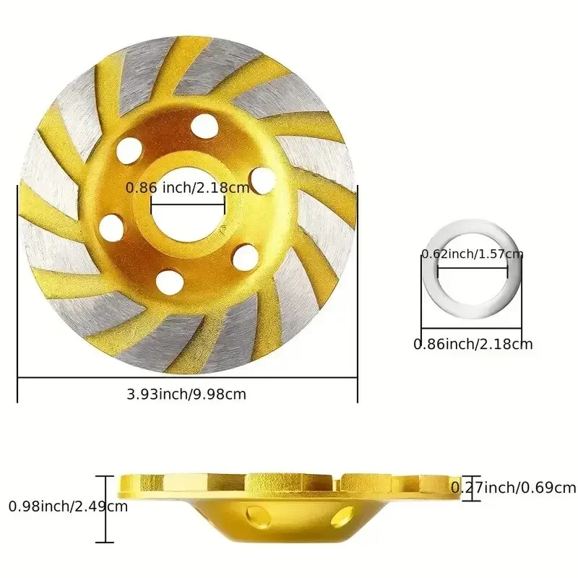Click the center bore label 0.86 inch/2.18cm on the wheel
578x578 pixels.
pyautogui.click(x=188, y=188)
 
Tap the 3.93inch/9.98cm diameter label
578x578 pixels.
pyautogui.click(x=186, y=394)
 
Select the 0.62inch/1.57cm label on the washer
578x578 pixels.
pyautogui.click(x=473, y=254)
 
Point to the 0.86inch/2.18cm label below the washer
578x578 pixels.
pyautogui.click(x=473, y=344)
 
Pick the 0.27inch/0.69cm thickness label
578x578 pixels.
pyautogui.click(x=514, y=488)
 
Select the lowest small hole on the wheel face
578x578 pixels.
pyautogui.click(x=167, y=277)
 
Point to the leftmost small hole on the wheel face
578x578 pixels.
pyautogui.click(x=111, y=228)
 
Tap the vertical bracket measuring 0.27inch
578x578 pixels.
pyautogui.click(x=452, y=488)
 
